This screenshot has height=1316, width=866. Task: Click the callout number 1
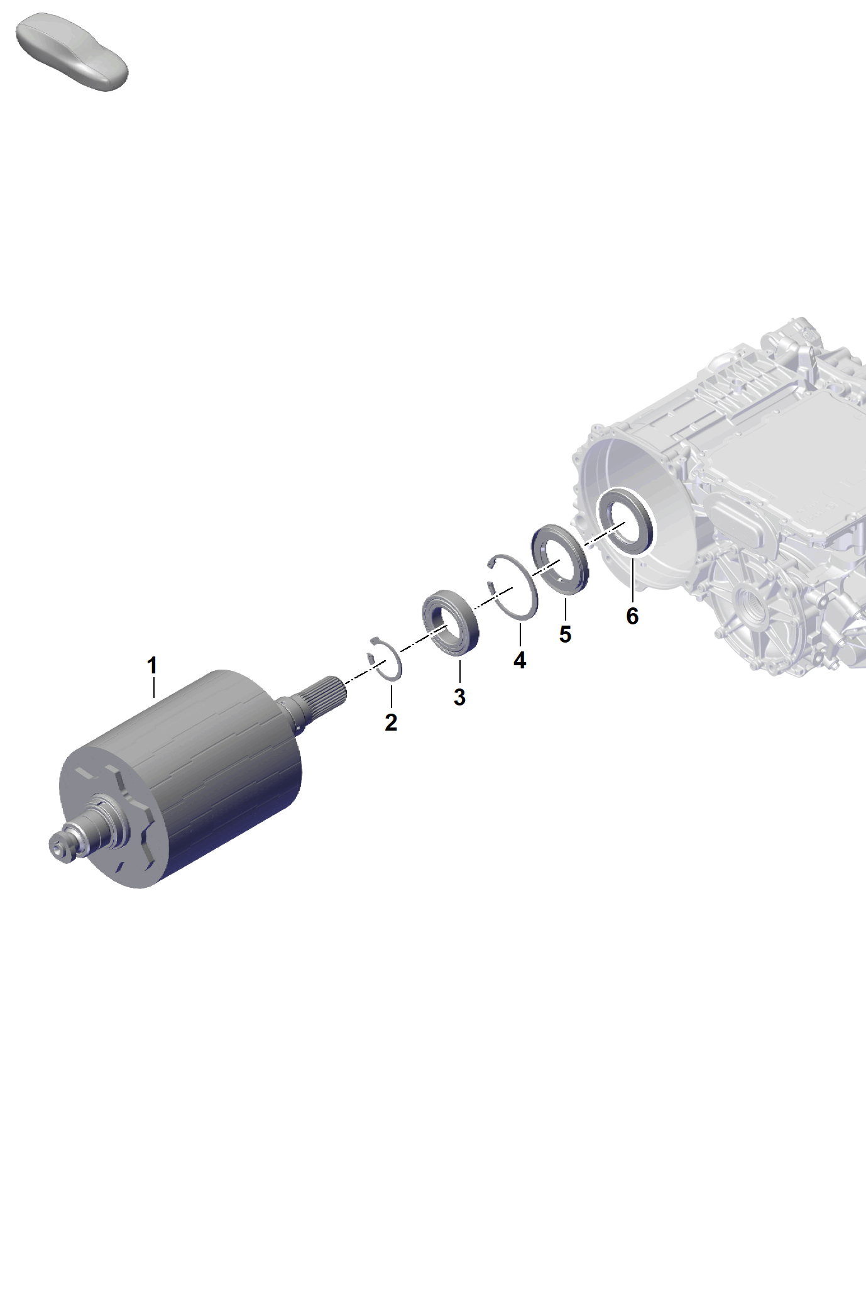tap(152, 665)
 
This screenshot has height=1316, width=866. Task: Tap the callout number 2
tap(391, 722)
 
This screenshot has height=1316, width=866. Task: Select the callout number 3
tap(459, 697)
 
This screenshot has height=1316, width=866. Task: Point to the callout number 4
tap(520, 660)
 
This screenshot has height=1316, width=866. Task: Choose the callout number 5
tap(565, 634)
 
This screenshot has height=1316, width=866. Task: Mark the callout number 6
tap(632, 616)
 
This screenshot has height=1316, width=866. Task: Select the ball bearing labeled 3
tap(450, 622)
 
